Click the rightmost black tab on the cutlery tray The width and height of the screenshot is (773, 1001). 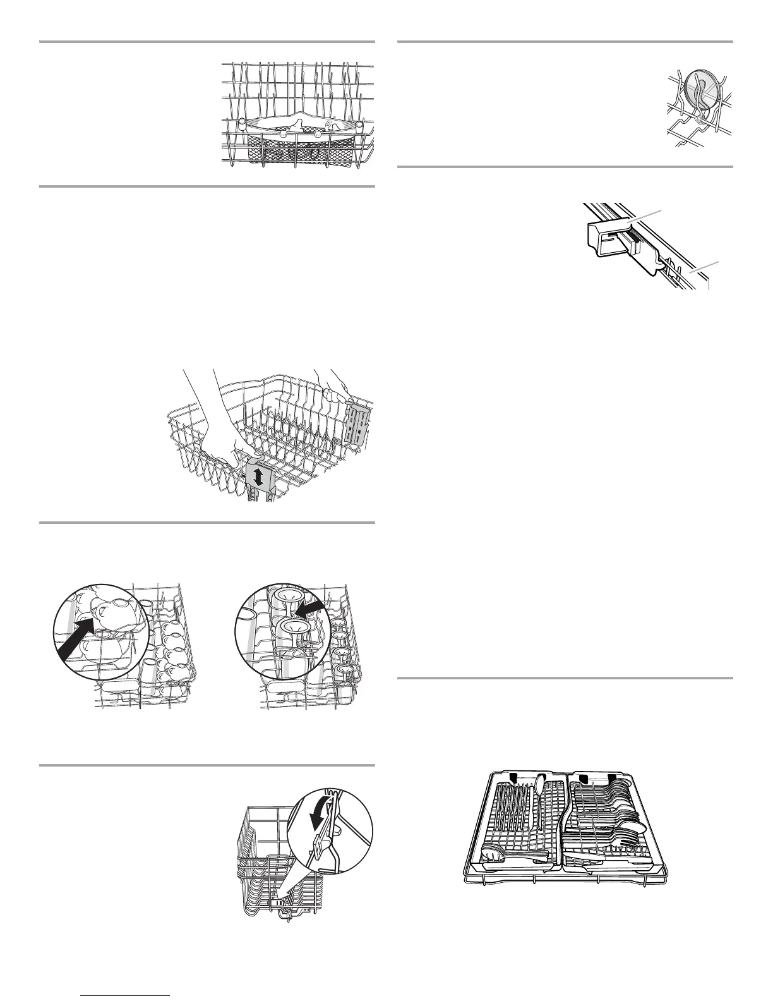click(x=613, y=777)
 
